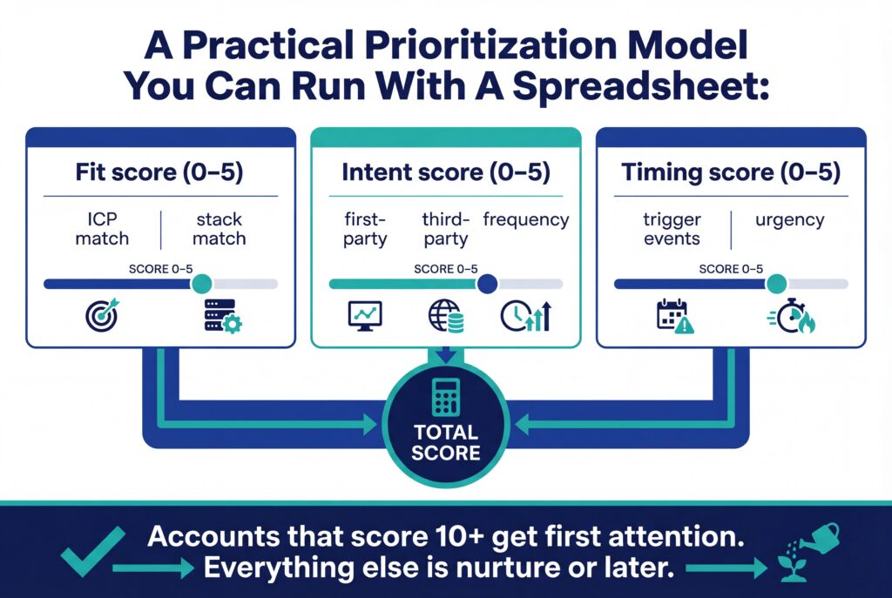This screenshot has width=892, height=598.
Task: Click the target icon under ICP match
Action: (104, 314)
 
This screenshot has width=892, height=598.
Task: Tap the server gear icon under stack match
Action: (222, 315)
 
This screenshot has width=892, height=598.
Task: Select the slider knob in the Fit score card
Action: (201, 283)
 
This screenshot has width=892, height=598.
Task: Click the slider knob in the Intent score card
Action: (487, 283)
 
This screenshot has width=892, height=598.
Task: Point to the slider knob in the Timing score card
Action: (776, 283)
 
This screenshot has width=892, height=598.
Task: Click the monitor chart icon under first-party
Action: (364, 315)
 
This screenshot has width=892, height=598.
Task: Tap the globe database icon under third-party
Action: (445, 316)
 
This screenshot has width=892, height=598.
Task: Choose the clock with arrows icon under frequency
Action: (526, 315)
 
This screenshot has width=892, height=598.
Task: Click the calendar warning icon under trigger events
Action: (674, 316)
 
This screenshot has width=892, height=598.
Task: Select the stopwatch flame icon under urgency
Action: (791, 316)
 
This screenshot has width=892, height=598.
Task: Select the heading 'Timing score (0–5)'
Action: (731, 172)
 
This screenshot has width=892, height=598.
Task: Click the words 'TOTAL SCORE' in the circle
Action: (446, 442)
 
